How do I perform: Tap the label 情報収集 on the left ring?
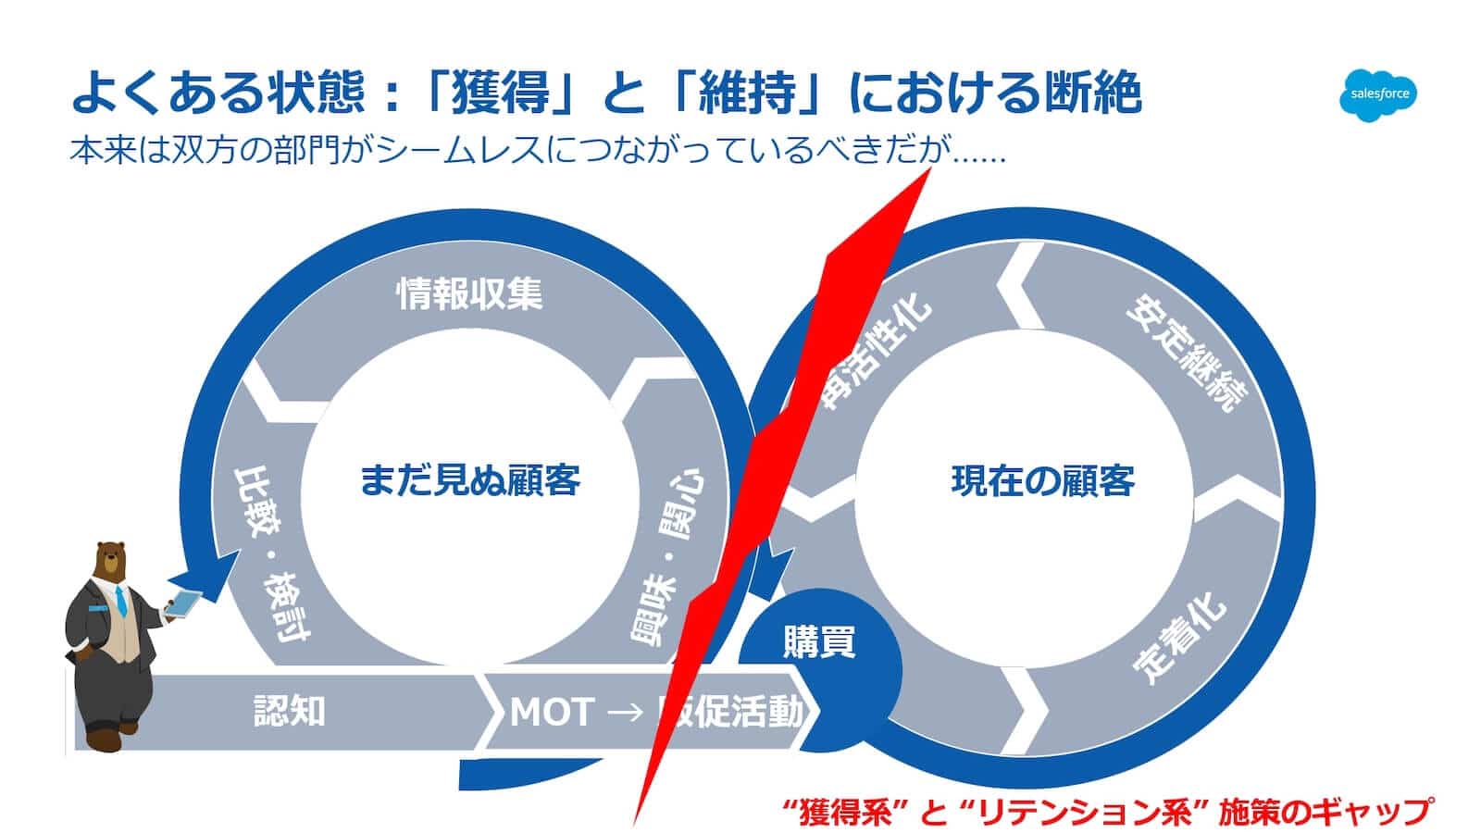469,294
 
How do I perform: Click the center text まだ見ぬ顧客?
469,480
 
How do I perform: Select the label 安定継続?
1187,354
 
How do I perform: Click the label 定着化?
1179,639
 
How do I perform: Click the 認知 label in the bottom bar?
290,711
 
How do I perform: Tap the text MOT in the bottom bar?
551,712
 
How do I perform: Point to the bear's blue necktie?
120,602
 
